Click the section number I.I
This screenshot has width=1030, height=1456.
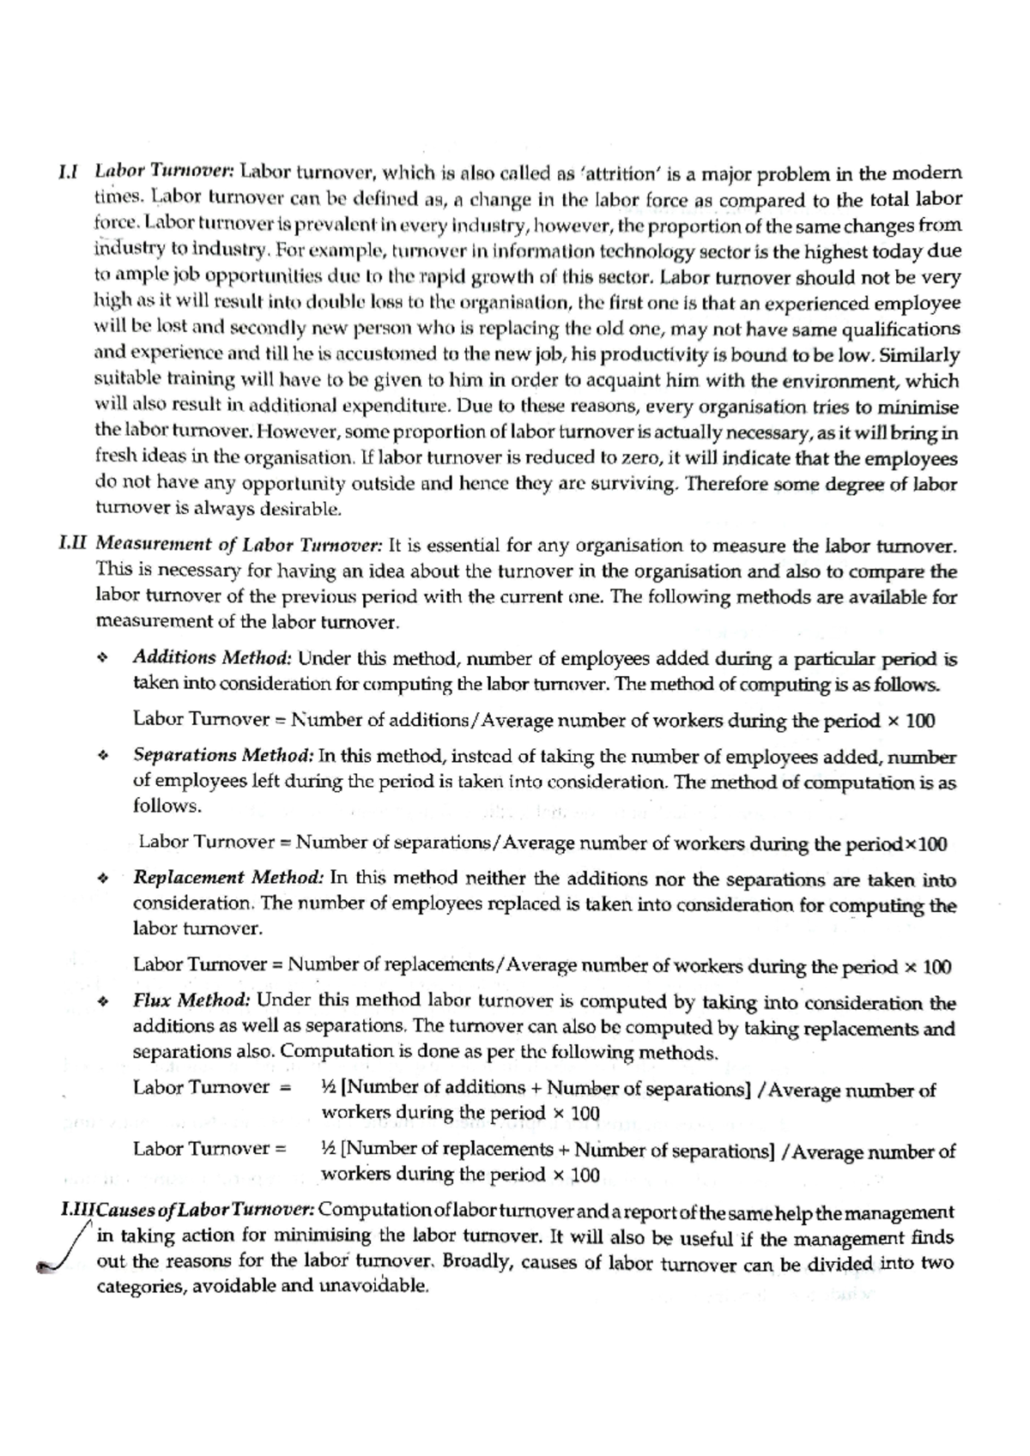pos(68,172)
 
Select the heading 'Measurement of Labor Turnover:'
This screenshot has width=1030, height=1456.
pos(239,545)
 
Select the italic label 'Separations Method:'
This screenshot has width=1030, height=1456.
pos(223,756)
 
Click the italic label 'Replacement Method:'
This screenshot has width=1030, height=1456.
pos(227,878)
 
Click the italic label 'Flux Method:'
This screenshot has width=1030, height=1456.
pos(191,1000)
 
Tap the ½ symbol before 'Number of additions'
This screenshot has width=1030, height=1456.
pos(329,1088)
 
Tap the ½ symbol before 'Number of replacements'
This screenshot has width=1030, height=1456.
pos(329,1149)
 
